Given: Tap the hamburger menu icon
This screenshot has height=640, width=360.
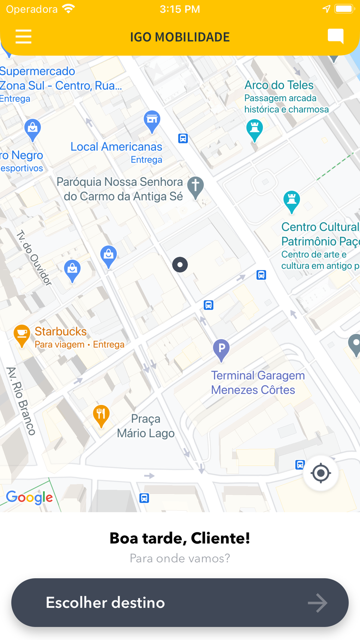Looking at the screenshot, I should coord(24,36).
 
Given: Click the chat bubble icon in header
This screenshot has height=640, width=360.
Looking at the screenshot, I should coord(335,36).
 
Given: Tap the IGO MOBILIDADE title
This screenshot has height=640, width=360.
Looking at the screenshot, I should coord(180,37).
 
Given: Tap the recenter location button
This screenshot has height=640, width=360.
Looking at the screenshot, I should coord(320,473).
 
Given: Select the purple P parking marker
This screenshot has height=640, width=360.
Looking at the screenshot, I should coord(221,349).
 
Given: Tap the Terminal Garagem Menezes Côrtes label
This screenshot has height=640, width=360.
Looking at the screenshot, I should coord(258,383).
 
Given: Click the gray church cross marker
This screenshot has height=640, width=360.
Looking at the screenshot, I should coord(196,186).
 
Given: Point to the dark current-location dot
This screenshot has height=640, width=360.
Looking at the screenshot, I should coord(180,264).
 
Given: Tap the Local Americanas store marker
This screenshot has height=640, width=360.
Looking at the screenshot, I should coord(152,120).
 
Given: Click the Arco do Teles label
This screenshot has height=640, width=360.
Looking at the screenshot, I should coord(279,85).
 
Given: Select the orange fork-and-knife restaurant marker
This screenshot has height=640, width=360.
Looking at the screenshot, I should coord(101,414).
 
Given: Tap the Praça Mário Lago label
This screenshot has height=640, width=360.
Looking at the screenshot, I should coord(146,426).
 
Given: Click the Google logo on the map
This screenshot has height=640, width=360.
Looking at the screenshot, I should coord(29,497).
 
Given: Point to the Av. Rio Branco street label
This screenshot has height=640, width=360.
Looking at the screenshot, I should coord(21,401).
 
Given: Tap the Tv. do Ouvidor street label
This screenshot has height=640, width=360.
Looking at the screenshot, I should coord(34,258).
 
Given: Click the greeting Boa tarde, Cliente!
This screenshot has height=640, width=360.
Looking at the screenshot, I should coord(180,538).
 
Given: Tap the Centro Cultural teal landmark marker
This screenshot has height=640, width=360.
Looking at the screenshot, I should coord(292,201).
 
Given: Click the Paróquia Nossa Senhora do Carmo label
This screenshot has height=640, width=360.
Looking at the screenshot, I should coord(120,189).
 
